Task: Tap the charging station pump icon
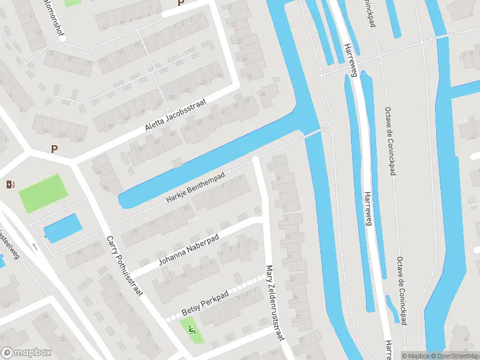pyautogui.click(x=10, y=184)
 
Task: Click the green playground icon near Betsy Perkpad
pyautogui.click(x=192, y=329)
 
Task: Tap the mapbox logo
pyautogui.click(x=26, y=353)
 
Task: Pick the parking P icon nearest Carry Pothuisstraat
pyautogui.click(x=55, y=149)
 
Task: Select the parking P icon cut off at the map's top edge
pyautogui.click(x=181, y=3)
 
